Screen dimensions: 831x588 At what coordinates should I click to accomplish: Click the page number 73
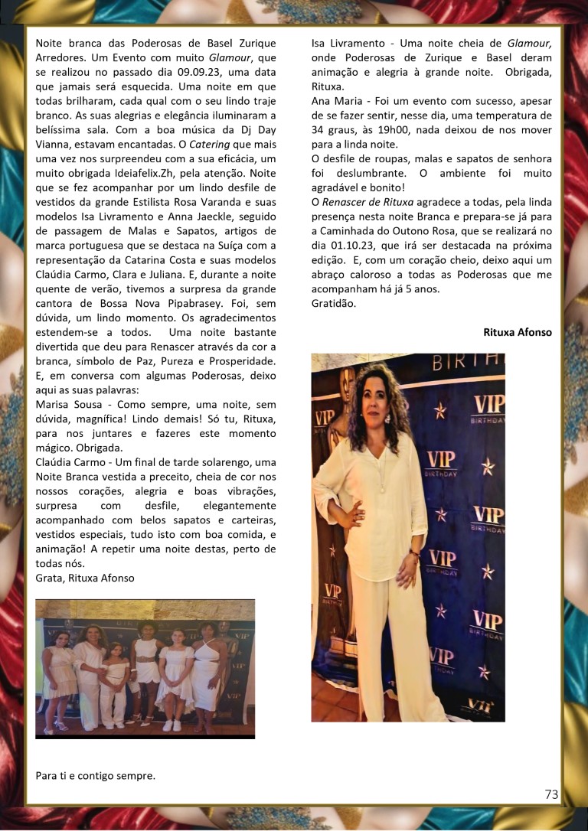pos(551,794)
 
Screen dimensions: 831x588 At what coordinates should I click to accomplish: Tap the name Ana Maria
pos(336,100)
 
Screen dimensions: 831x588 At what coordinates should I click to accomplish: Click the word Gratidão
pos(335,304)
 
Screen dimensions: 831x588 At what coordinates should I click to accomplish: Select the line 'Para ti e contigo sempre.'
pos(95,775)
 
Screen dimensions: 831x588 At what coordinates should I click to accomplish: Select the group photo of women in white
pos(145,668)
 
